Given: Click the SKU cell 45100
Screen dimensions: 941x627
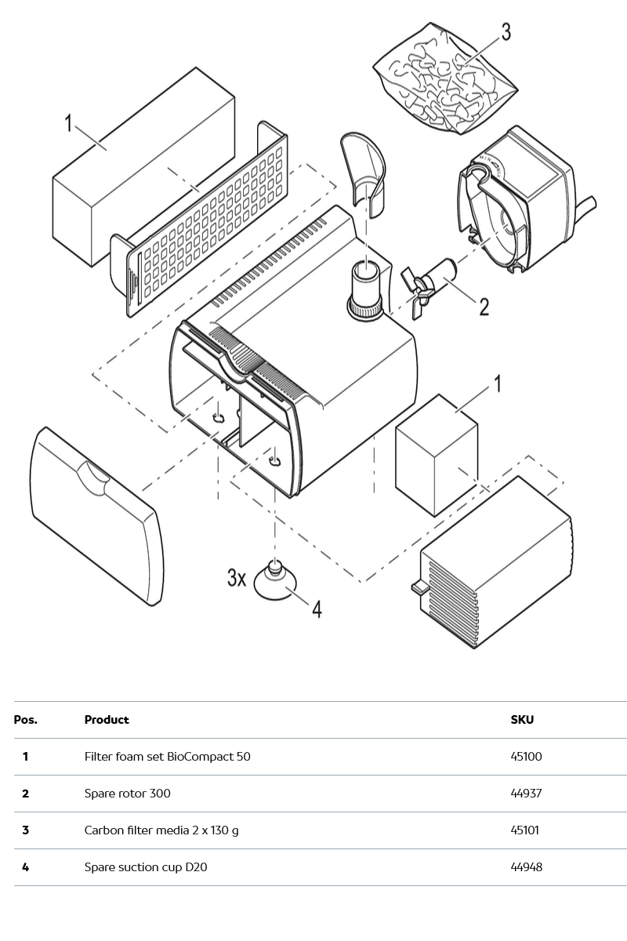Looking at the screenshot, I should [526, 757].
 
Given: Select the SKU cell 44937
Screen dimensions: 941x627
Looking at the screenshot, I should [526, 794].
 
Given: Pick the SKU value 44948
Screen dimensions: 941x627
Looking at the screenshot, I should [526, 867].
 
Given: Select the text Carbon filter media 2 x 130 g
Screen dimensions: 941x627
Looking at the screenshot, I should [161, 830].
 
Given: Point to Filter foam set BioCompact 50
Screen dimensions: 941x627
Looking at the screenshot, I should [167, 757].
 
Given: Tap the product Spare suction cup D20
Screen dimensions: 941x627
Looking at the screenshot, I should [146, 867].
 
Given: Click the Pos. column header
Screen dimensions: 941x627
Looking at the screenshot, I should [25, 720].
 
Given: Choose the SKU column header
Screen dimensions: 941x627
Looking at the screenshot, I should [522, 720].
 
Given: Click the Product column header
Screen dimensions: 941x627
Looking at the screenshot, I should [107, 720].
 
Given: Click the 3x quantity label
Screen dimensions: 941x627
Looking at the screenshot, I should [237, 578].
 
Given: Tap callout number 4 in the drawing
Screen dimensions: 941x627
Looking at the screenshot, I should [317, 609].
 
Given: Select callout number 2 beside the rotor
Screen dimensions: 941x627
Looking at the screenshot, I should [484, 306].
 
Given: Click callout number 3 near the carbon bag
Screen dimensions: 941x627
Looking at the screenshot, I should [506, 32].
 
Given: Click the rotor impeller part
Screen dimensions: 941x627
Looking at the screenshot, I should [427, 283].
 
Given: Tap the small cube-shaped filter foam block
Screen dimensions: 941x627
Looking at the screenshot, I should [436, 455].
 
